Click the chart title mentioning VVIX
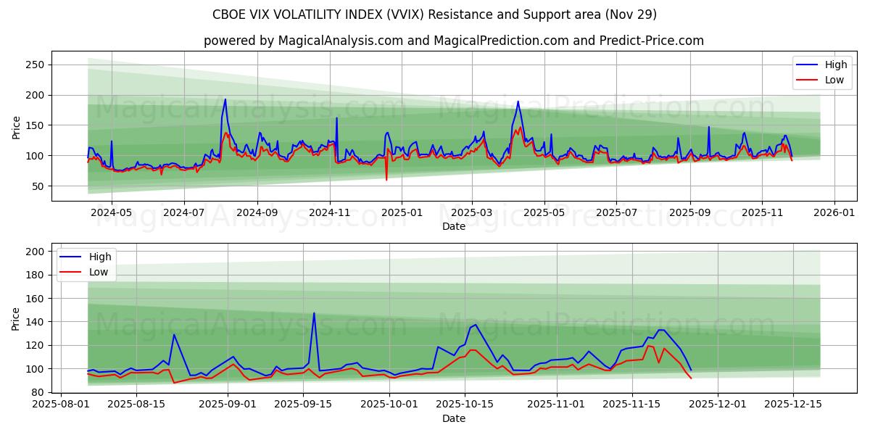(434, 14)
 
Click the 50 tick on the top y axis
(38, 186)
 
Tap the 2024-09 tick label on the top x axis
(258, 213)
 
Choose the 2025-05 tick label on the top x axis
(544, 213)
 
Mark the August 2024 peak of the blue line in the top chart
(225, 99)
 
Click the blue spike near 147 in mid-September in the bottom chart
(314, 313)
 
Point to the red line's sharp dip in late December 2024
(386, 179)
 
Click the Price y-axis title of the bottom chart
(16, 318)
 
